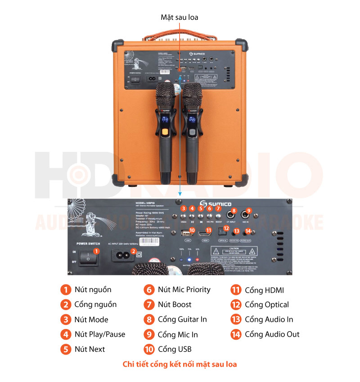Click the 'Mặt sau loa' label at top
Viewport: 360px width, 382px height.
coord(180,17)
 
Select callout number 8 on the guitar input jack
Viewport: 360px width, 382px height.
coord(234,211)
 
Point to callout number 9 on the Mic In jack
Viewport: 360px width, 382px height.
coord(249,211)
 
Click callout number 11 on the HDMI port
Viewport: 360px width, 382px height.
coord(207,231)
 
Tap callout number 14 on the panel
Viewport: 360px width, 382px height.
coord(248,231)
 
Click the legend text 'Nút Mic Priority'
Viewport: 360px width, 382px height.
coord(184,289)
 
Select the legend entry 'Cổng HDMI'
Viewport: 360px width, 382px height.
coord(264,290)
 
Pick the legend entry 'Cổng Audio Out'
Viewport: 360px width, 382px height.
coord(272,334)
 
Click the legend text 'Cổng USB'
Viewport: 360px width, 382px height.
coord(174,349)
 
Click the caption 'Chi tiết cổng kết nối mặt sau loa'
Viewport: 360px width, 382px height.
coord(180,364)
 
